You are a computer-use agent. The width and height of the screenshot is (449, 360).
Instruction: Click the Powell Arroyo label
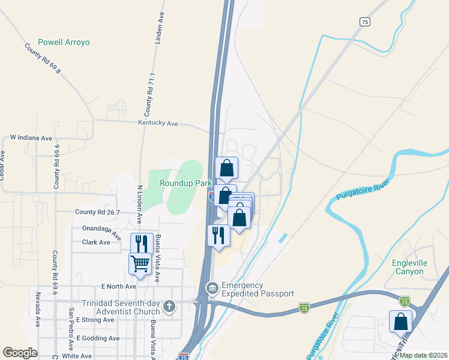pyautogui.click(x=64, y=43)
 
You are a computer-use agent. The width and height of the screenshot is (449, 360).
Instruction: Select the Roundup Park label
pyautogui.click(x=183, y=183)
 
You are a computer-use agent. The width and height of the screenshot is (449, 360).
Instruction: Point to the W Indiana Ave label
pyautogui.click(x=31, y=138)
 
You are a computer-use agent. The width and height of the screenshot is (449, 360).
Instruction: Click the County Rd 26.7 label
pyautogui.click(x=97, y=212)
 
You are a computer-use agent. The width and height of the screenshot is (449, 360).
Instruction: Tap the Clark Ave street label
pyautogui.click(x=96, y=242)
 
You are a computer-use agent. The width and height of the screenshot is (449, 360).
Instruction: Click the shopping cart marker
pyautogui.click(x=140, y=263)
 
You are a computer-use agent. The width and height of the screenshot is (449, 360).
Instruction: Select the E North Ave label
pyautogui.click(x=119, y=286)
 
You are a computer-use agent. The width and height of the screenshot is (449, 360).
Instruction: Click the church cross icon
pyautogui.click(x=170, y=307)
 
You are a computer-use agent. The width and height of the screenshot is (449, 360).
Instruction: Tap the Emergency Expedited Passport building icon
pyautogui.click(x=212, y=289)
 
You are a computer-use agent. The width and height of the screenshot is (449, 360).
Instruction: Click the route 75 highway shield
pyautogui.click(x=365, y=22)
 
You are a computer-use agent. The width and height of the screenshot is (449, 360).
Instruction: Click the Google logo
pyautogui.click(x=20, y=353)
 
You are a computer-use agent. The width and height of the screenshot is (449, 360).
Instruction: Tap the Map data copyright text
pyautogui.click(x=423, y=355)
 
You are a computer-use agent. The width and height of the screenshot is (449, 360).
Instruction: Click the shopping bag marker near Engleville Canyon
pyautogui.click(x=400, y=322)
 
